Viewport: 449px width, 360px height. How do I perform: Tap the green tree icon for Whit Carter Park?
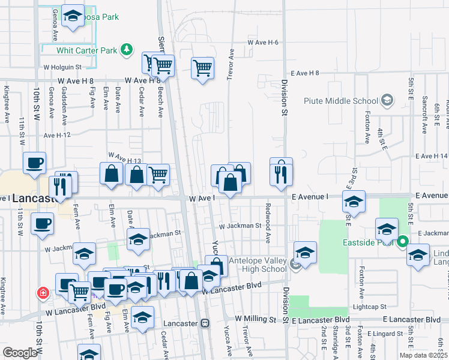click(x=127, y=49)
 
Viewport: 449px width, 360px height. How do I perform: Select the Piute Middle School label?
click(x=339, y=100)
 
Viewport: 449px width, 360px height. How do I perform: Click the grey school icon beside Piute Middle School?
click(x=387, y=100)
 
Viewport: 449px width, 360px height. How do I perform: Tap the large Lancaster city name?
click(x=37, y=199)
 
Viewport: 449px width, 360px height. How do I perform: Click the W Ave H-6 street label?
click(x=263, y=43)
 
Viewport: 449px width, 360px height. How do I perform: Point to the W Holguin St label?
click(x=62, y=67)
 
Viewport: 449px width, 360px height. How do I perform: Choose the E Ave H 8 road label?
click(x=304, y=73)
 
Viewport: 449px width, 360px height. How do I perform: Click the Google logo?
click(x=20, y=353)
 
